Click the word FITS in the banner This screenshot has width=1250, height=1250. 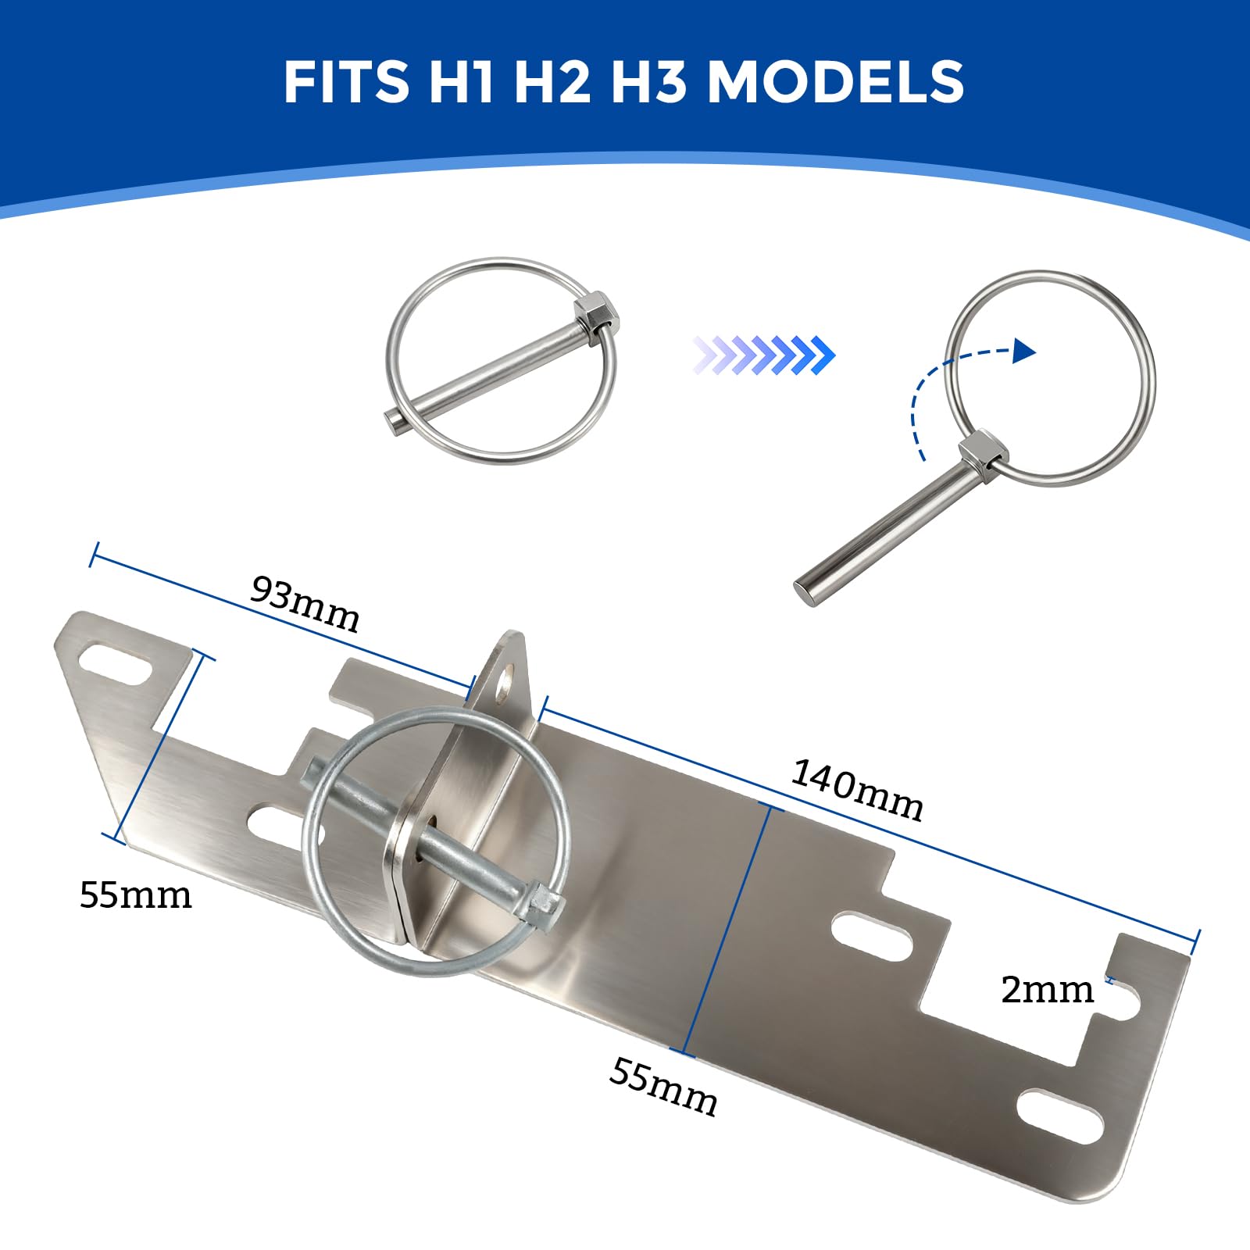click(x=347, y=81)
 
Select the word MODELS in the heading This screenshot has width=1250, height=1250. click(x=836, y=81)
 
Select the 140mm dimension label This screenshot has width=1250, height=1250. click(x=858, y=790)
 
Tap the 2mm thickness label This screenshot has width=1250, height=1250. click(x=1047, y=990)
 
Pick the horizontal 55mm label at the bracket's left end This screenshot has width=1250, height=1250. click(x=135, y=895)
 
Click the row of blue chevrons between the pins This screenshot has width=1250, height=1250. click(x=764, y=355)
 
